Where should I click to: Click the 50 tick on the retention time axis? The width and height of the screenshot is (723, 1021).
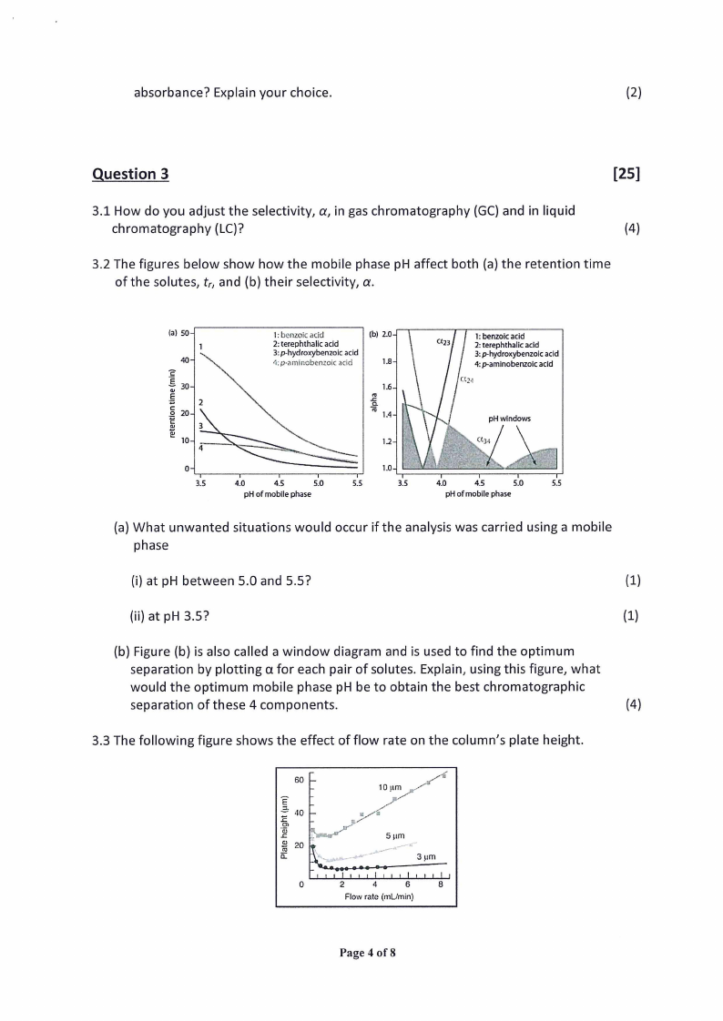184,333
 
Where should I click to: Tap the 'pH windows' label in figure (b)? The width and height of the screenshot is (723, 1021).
509,419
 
